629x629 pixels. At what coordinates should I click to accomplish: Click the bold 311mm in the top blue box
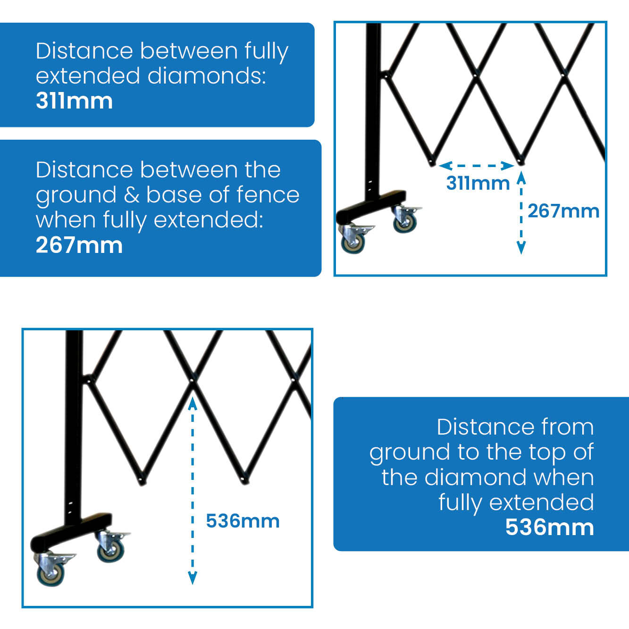(x=75, y=101)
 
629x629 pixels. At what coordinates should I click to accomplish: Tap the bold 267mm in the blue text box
(x=79, y=245)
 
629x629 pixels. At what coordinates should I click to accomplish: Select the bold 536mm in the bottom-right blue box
(x=550, y=527)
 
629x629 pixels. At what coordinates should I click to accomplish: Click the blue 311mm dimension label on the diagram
(x=478, y=183)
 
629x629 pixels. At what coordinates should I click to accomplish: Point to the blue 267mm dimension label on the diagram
(x=564, y=211)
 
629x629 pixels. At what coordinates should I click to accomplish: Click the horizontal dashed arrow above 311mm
(x=476, y=166)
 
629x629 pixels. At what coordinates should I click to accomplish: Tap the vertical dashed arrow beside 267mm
(x=521, y=212)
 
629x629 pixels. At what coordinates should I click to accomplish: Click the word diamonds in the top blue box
(x=207, y=75)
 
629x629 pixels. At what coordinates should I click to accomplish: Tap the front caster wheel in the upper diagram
(x=353, y=243)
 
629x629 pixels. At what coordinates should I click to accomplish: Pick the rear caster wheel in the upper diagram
(x=405, y=223)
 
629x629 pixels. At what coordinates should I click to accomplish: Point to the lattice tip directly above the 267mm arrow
(x=521, y=161)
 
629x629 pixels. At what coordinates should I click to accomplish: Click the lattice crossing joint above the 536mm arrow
(x=193, y=381)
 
